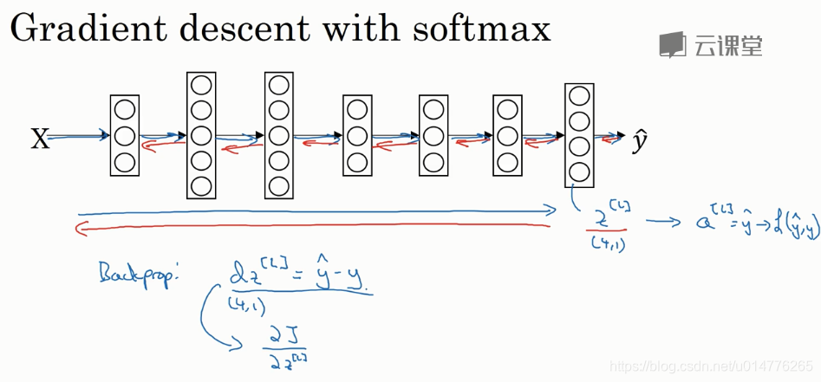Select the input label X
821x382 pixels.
pos(40,139)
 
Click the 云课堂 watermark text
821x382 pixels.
pos(728,45)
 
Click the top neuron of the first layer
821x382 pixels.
pos(125,110)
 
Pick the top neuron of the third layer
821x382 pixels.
pos(278,86)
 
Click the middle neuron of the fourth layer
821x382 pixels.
pos(356,136)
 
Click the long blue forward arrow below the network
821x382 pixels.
pos(316,210)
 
